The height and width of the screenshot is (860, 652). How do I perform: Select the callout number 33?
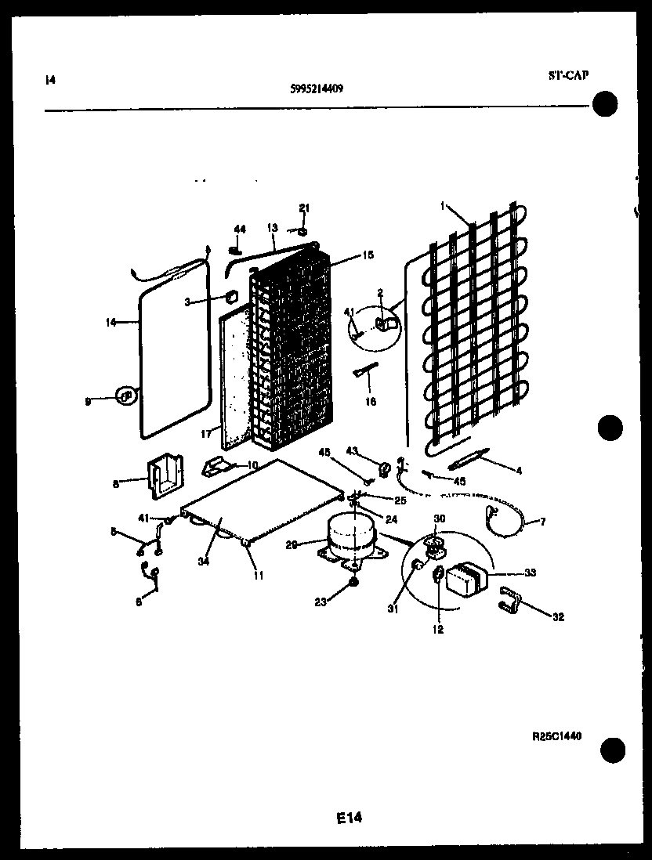pos(531,573)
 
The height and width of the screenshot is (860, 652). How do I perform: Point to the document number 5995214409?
pos(316,89)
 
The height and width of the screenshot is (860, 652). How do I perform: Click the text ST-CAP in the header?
pos(567,75)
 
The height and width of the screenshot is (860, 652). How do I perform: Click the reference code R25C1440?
pos(558,737)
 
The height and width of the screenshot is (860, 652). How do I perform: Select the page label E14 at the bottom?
pos(350,818)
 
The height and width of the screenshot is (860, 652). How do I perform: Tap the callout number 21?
pos(305,208)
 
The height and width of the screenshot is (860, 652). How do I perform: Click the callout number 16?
pos(370,402)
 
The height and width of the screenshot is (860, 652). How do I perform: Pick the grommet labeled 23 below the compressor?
pos(354,583)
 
